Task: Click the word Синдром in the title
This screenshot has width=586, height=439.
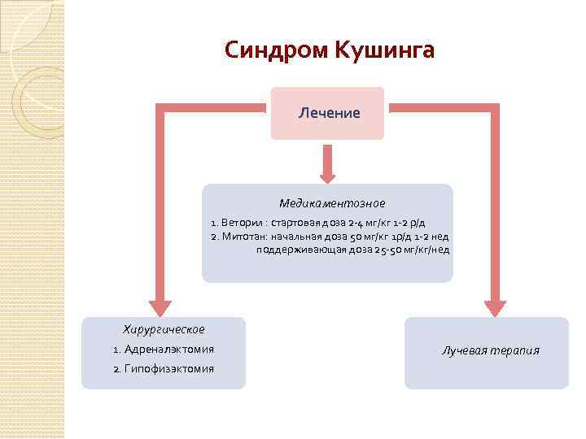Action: point(274,50)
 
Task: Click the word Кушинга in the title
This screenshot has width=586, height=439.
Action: point(383,50)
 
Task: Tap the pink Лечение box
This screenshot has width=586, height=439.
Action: point(327,113)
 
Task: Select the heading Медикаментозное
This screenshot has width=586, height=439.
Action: point(332,203)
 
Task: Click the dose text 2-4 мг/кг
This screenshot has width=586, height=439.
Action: point(365,222)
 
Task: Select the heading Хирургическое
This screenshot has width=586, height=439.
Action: point(163,329)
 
